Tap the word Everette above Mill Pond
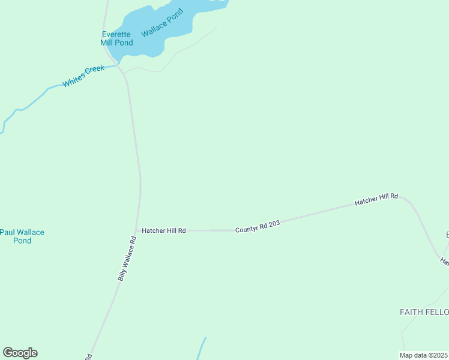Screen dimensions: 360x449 (116, 34)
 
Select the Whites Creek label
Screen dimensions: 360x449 (83, 76)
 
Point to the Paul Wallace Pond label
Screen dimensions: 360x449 (22, 236)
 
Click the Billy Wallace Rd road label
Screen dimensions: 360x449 (127, 259)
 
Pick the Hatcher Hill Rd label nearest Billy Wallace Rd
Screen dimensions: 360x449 (163, 230)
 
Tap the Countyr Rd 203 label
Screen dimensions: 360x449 (258, 226)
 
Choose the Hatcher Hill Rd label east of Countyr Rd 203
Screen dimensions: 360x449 (376, 199)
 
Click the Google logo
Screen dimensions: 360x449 (20, 353)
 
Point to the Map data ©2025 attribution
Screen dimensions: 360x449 (423, 355)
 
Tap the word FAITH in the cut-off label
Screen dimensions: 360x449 (411, 312)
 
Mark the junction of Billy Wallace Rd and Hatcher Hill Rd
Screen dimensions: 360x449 (137, 230)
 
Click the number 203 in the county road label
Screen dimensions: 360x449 (274, 223)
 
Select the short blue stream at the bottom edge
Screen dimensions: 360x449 (202, 349)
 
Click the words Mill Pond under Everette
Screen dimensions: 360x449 (116, 43)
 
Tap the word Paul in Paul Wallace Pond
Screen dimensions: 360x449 (7, 232)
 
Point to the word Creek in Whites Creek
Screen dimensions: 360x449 (95, 71)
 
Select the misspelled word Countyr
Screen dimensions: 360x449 (246, 229)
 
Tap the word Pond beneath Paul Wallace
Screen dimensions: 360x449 (22, 241)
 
